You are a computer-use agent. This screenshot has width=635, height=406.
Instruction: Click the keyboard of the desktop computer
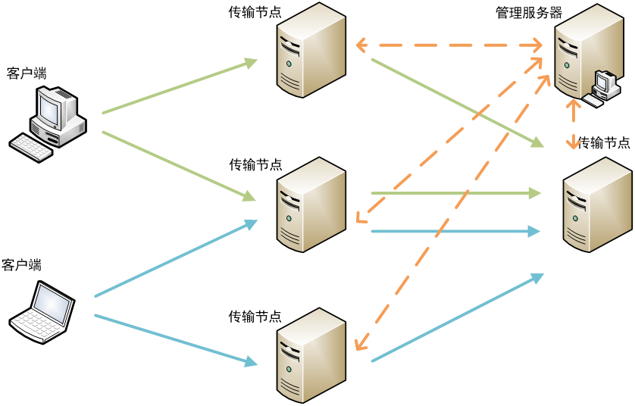coord(32,147)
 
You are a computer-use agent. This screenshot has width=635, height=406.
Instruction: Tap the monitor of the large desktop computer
coord(50,108)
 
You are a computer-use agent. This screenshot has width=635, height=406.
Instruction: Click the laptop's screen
coord(54,305)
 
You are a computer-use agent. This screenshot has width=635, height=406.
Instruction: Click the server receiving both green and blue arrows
coord(311,205)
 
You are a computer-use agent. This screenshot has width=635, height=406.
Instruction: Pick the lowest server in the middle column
coord(311,354)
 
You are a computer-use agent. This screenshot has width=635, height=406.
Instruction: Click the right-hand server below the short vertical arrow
coord(597,205)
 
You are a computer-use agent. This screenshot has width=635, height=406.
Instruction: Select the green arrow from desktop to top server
coord(180,86)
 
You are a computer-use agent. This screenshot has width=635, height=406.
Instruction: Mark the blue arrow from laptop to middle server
coord(176,258)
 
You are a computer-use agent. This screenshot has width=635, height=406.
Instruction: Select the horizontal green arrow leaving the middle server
coord(455,194)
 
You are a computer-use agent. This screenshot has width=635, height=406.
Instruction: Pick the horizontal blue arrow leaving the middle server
coord(455,231)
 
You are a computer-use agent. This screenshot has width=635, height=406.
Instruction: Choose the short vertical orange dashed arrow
coord(574,123)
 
